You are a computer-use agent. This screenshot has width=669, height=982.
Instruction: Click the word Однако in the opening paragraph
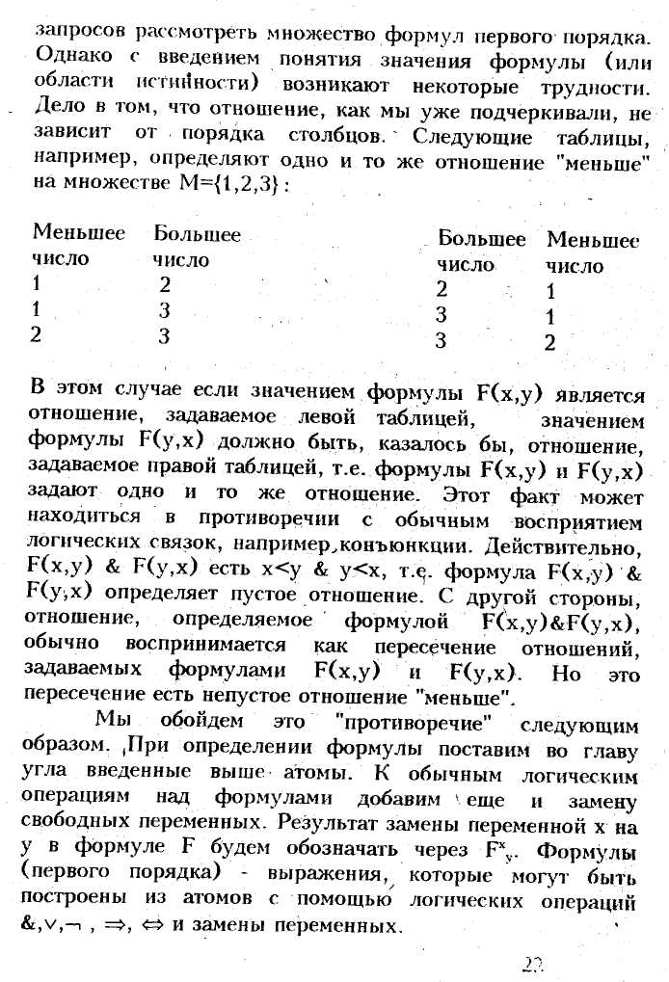[x=67, y=60]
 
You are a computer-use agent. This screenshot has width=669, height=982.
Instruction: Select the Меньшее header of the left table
[x=79, y=235]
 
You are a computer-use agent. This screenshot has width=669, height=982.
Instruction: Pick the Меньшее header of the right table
[x=593, y=241]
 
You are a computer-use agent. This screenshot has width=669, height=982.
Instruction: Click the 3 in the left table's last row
[x=164, y=334]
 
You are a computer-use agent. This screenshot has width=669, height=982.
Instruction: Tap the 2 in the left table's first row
[x=164, y=284]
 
